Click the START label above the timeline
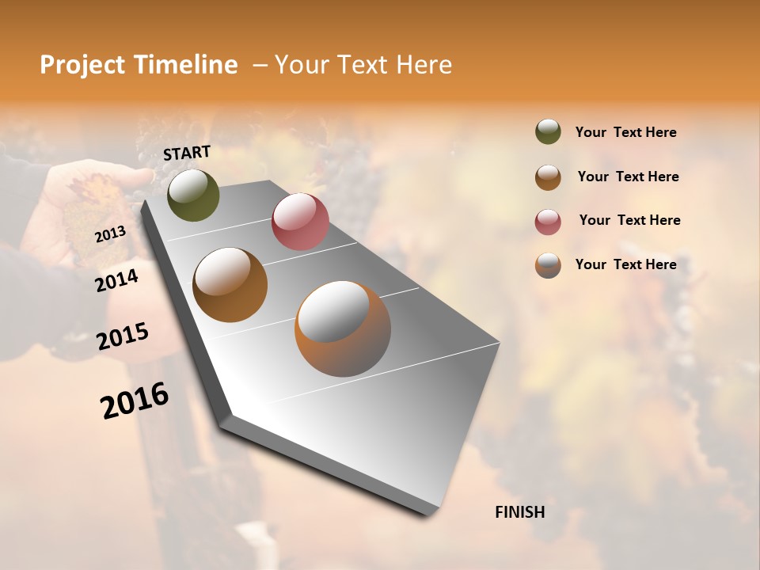coord(187,153)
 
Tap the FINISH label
coord(519,512)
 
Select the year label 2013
coord(110,234)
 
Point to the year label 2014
coord(116,280)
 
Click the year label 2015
coord(123,336)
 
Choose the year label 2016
coord(135,400)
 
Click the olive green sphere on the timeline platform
coord(193,195)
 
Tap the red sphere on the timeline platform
coord(300,222)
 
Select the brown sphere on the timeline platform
coord(230,285)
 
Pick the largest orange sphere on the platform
coord(342,329)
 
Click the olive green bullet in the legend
coord(548,131)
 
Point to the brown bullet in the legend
coord(548,177)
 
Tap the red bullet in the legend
coord(548,221)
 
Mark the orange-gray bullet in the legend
coord(548,265)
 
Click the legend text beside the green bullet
coord(625,132)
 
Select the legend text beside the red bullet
coord(629,220)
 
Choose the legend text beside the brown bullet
coord(628,177)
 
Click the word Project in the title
coord(82,65)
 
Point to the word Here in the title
coord(423,65)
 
